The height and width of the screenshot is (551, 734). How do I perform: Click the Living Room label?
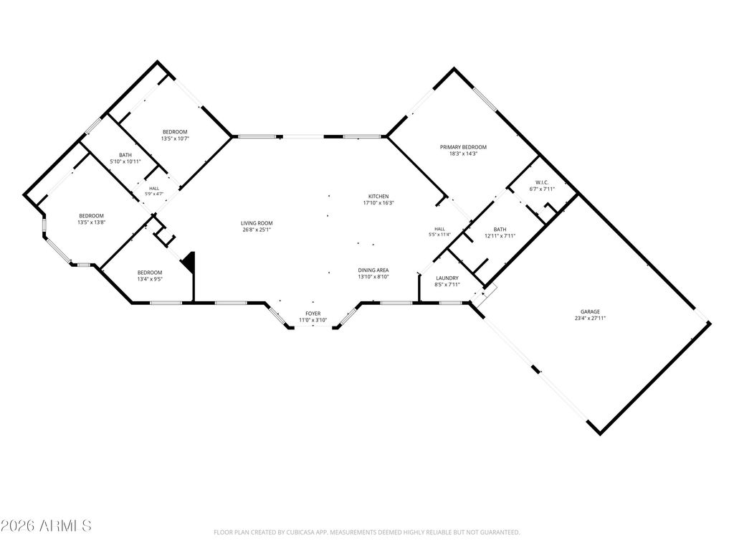click(257, 224)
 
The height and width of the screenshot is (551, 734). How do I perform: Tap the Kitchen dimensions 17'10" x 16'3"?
click(378, 203)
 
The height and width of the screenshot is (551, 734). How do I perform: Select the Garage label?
click(590, 311)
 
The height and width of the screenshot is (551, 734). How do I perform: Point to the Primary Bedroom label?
click(463, 147)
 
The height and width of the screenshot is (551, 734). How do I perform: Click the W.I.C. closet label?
click(542, 183)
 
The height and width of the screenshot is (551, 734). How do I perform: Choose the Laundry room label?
click(447, 278)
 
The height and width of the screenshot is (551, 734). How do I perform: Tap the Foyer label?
click(313, 314)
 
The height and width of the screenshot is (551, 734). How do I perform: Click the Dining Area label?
click(373, 270)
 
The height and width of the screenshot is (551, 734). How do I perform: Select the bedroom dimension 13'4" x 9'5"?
click(150, 279)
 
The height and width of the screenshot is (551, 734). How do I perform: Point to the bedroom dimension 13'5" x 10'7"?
click(175, 138)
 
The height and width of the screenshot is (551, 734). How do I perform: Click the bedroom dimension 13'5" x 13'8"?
click(91, 222)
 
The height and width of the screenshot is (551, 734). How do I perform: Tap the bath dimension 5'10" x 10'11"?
click(125, 161)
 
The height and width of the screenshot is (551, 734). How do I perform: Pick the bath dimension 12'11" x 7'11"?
click(500, 236)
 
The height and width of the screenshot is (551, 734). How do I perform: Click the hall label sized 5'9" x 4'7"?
click(154, 189)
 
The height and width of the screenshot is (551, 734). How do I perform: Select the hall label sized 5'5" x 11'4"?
click(439, 229)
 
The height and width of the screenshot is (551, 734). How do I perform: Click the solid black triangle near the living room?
click(189, 261)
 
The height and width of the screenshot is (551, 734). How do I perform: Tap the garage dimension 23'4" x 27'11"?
click(591, 318)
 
